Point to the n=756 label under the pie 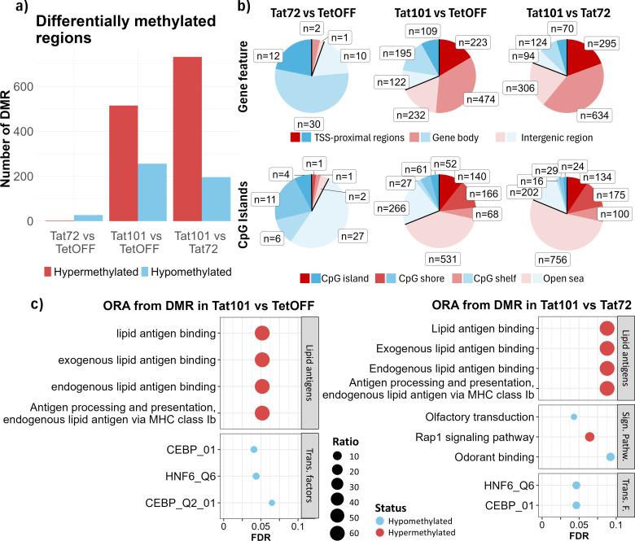pyautogui.click(x=551, y=260)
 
